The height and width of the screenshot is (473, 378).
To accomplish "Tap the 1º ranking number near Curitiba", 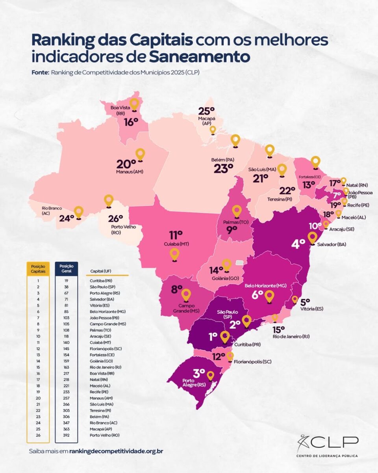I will (x=213, y=336).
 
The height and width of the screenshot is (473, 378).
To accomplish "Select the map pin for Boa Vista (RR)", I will (x=135, y=104).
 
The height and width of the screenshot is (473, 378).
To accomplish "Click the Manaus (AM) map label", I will (x=130, y=172).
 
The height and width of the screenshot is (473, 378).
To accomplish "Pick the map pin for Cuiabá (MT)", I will (x=174, y=254).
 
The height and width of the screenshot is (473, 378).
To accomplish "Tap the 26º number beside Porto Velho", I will (x=116, y=218).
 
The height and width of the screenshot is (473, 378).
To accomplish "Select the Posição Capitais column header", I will (x=38, y=269).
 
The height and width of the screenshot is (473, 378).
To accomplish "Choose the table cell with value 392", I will (x=67, y=435).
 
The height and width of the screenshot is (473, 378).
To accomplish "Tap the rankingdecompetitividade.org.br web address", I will (x=116, y=451).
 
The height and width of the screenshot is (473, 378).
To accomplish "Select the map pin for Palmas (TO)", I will (x=237, y=211).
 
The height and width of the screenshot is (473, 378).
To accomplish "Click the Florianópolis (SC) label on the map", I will (x=252, y=361).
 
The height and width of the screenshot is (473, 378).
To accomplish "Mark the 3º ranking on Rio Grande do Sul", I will (x=199, y=372).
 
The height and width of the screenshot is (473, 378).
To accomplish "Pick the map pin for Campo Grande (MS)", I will (x=186, y=295).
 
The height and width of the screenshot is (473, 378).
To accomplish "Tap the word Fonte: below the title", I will (x=40, y=73).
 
